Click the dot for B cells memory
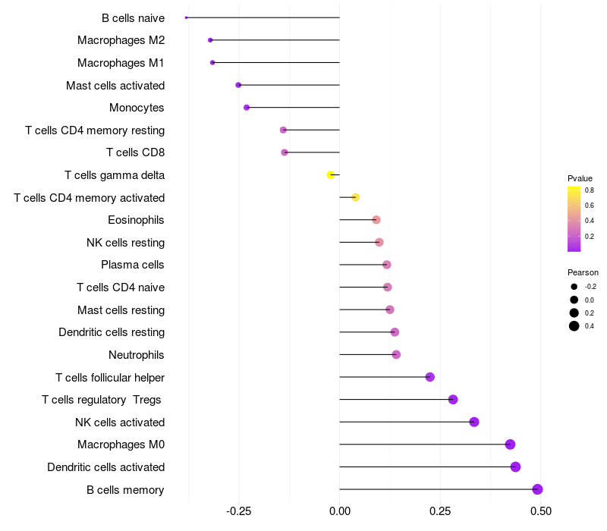pos(537,489)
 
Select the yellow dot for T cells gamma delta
pos(330,175)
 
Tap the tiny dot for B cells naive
pos(186,17)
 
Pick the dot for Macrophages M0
pos(510,445)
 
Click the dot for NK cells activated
pos(473,422)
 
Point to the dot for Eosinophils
pos(376,220)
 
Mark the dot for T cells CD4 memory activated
pos(355,197)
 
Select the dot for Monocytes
pos(247,108)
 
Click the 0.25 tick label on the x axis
pos(440,511)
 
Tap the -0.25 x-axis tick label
pos(238,511)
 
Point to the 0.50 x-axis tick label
pos(541,511)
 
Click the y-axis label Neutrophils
pos(137,355)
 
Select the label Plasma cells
pos(132,265)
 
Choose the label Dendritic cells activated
pos(106,467)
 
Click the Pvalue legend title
pos(580,178)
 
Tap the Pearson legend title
pos(583,272)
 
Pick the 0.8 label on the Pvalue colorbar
pos(590,190)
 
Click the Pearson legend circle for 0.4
pos(574,326)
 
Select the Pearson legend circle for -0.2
pos(574,287)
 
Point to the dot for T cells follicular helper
pos(429,377)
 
